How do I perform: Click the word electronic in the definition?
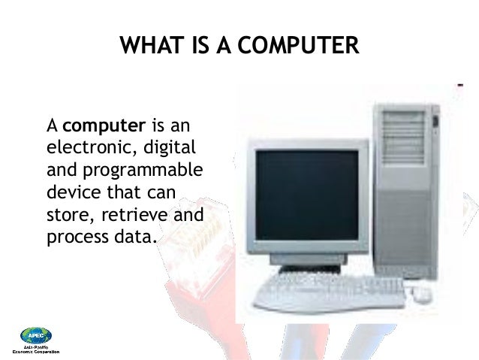[81, 143]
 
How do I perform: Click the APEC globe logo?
[35, 336]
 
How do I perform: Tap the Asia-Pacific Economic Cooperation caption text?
[35, 349]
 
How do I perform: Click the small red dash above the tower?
[458, 83]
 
